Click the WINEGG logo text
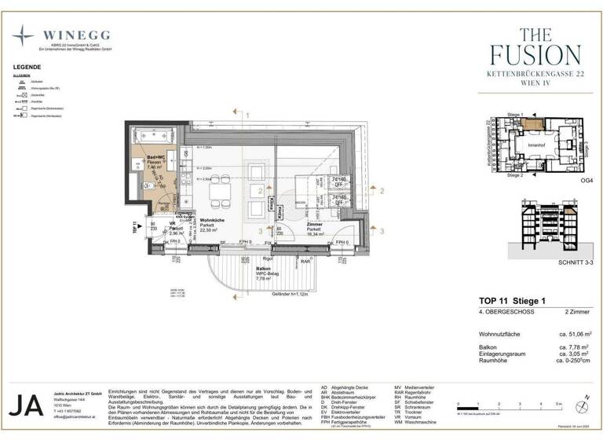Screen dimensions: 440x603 point(76,35)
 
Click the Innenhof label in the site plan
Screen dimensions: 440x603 point(536,145)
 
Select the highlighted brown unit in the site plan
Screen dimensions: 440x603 point(535,123)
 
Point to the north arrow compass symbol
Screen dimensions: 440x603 point(583,405)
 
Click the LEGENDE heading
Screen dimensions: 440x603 point(27,68)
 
